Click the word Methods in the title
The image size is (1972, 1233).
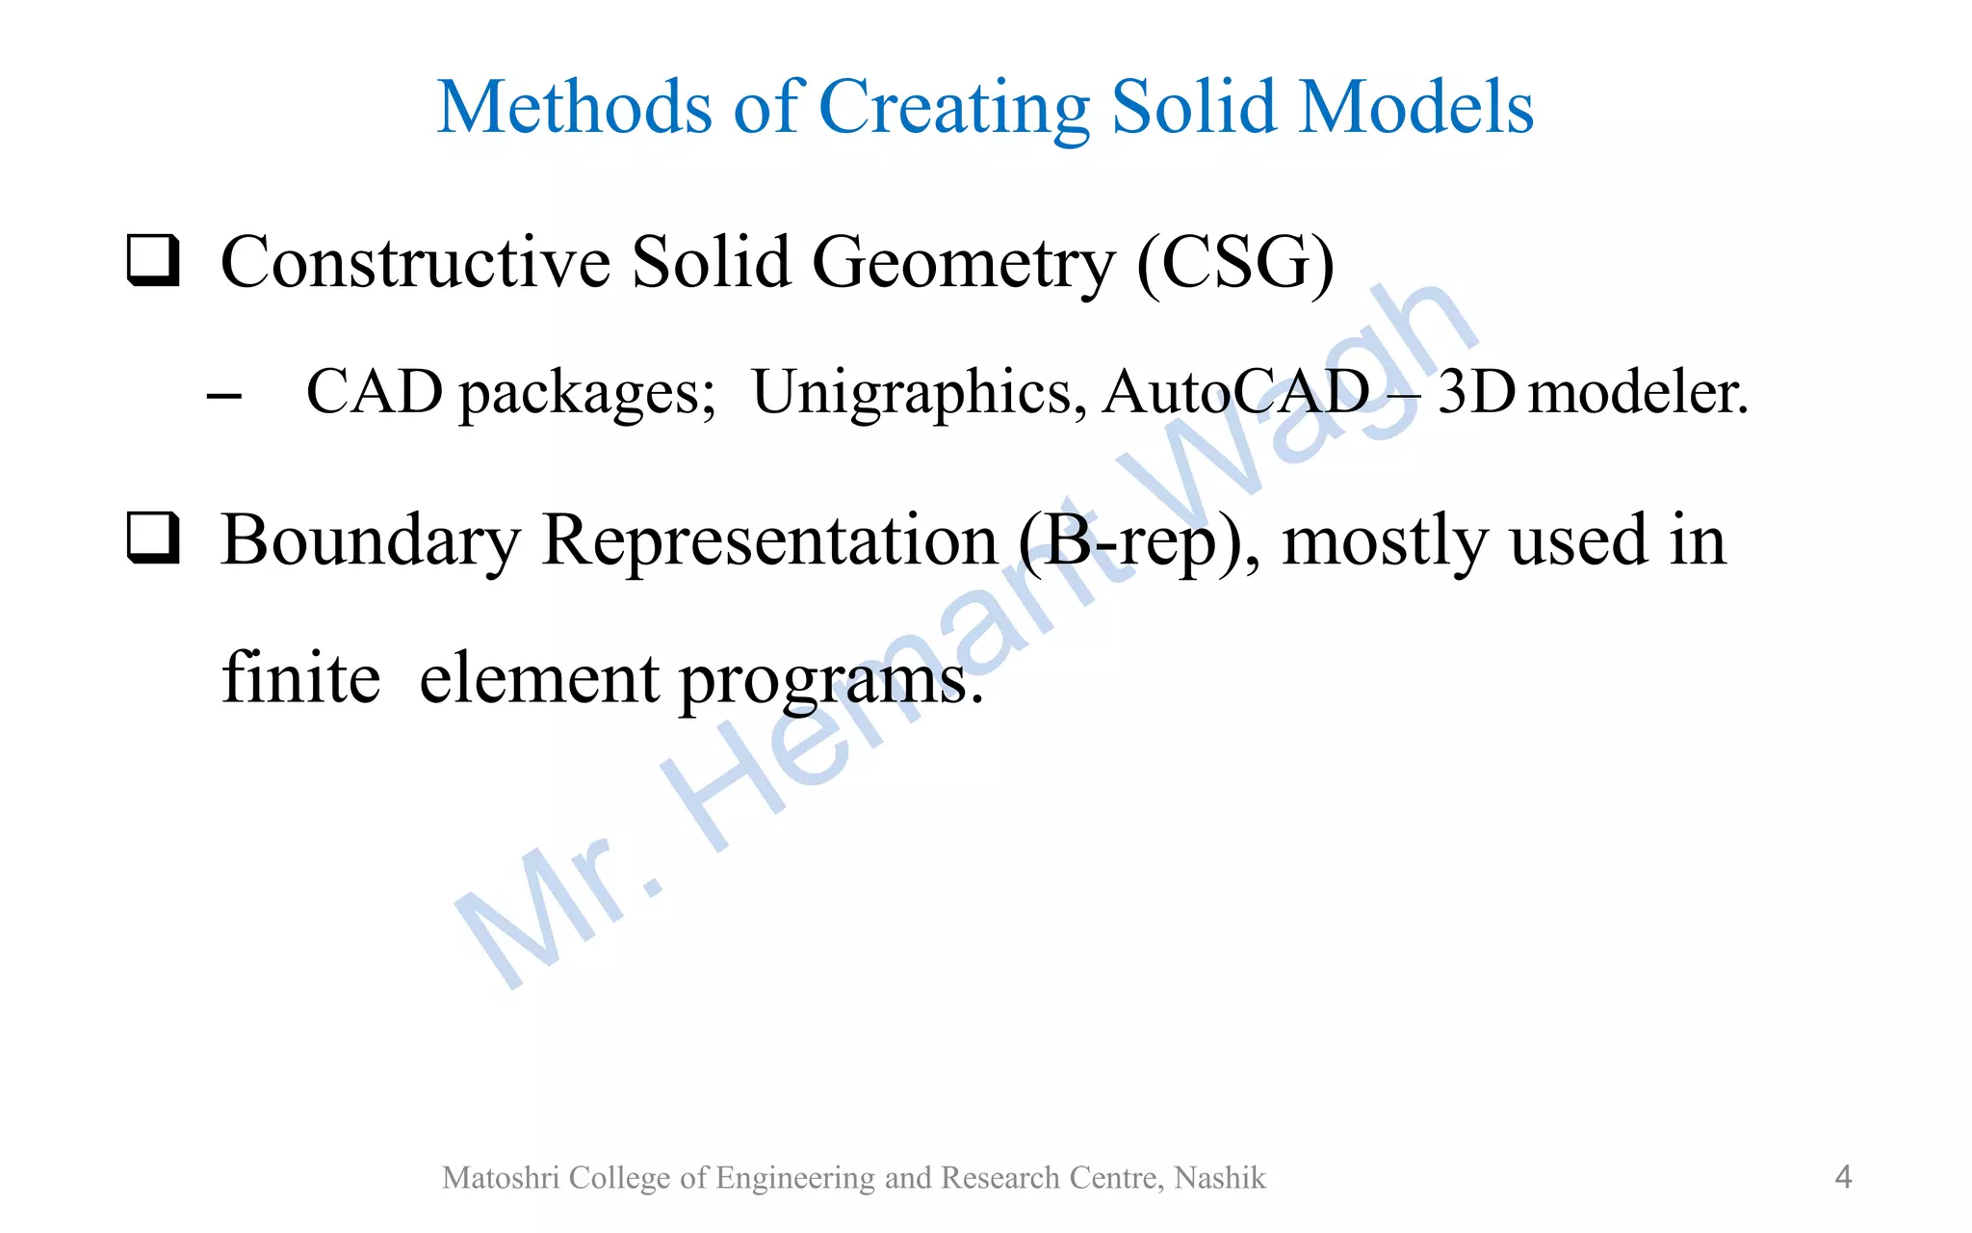[x=575, y=106]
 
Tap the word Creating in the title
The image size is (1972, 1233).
[x=954, y=108]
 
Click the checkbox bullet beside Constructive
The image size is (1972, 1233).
[x=153, y=260]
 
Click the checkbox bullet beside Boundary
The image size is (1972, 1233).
[x=153, y=538]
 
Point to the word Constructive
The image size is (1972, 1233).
[x=415, y=262]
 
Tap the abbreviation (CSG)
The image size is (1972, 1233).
[x=1235, y=262]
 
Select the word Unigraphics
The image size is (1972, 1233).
[x=919, y=393]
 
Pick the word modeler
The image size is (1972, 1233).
[x=1638, y=393]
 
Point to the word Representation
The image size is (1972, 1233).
[x=769, y=540]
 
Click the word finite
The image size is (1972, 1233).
[x=300, y=677]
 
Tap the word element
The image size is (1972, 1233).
[x=540, y=677]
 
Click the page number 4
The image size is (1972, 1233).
[x=1843, y=1176]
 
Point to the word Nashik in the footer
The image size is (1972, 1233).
[x=1220, y=1177]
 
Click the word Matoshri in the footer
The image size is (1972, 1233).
[x=501, y=1177]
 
